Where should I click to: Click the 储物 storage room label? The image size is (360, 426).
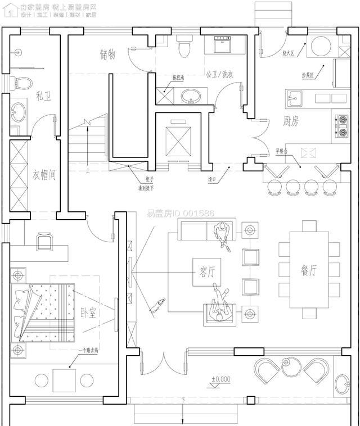pyautogui.click(x=107, y=55)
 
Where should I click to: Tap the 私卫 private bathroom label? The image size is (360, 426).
pyautogui.click(x=43, y=97)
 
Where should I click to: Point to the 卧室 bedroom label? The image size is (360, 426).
pyautogui.click(x=88, y=312)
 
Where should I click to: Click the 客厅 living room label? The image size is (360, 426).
pyautogui.click(x=206, y=271)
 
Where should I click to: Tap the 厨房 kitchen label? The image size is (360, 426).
pyautogui.click(x=290, y=121)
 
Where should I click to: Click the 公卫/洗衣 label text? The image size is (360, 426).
pyautogui.click(x=219, y=74)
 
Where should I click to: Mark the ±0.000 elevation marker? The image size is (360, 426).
pyautogui.click(x=220, y=379)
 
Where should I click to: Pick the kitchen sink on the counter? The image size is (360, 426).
pyautogui.click(x=294, y=99)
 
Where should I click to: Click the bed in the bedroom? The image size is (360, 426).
pyautogui.click(x=44, y=312)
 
